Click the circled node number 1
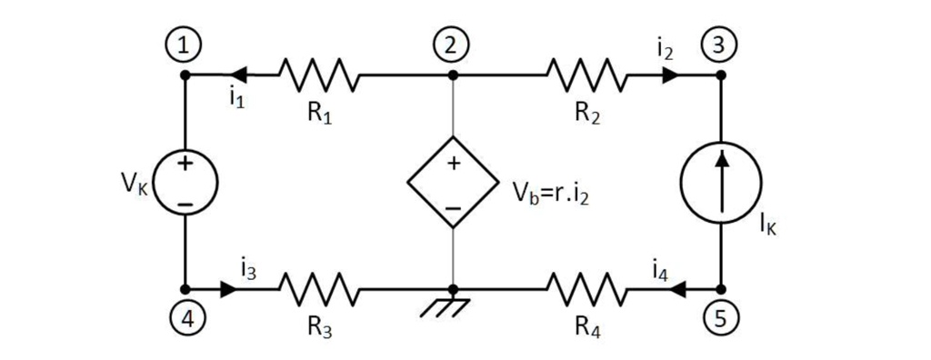[185, 44]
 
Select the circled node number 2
[452, 44]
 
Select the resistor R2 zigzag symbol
[586, 76]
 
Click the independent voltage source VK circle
[185, 182]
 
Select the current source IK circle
[720, 182]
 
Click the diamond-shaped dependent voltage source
[452, 182]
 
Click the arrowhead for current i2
[671, 76]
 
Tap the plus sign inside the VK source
[185, 165]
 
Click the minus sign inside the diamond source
[452, 207]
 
